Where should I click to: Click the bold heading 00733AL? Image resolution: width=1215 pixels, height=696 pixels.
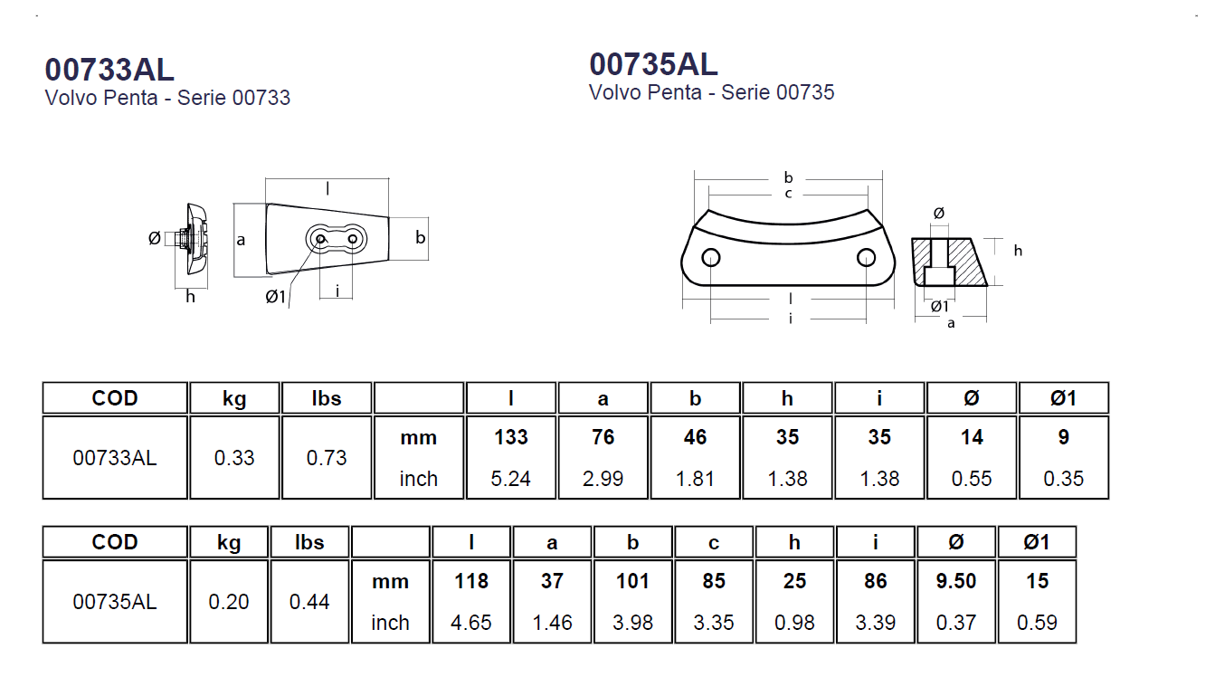tap(109, 70)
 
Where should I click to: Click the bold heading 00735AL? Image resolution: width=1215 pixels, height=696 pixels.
tap(653, 64)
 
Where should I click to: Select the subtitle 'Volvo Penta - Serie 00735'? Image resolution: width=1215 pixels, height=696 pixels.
tap(712, 92)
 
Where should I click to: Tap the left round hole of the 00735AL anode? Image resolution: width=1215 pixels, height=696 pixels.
tap(710, 258)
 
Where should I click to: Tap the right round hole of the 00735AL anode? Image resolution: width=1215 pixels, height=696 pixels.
tap(866, 258)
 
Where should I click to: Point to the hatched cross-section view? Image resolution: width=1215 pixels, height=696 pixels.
tap(949, 262)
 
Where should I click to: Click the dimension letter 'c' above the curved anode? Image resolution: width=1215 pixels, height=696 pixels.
tap(788, 194)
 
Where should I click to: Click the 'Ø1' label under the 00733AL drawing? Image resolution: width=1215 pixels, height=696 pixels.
tap(276, 296)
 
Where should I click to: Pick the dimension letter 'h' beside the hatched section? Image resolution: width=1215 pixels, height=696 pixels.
tap(1018, 251)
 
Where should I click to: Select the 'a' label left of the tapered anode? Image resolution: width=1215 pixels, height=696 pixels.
tap(241, 240)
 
